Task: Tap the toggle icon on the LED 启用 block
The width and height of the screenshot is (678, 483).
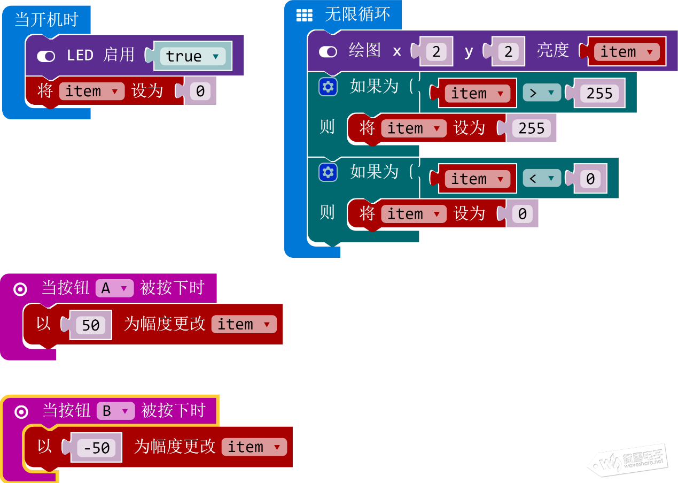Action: pyautogui.click(x=46, y=56)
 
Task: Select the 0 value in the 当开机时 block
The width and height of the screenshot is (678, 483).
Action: pyautogui.click(x=200, y=91)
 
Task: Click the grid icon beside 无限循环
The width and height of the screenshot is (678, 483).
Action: pyautogui.click(x=305, y=16)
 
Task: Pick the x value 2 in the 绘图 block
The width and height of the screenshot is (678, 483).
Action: pyautogui.click(x=437, y=52)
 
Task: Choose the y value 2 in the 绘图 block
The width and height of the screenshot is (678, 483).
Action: pyautogui.click(x=508, y=52)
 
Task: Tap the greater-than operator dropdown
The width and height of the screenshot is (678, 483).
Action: pyautogui.click(x=542, y=93)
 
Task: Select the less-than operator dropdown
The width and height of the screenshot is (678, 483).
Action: pyautogui.click(x=542, y=179)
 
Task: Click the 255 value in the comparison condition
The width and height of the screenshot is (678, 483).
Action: pyautogui.click(x=599, y=94)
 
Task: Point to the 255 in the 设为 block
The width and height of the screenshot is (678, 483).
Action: pyautogui.click(x=532, y=128)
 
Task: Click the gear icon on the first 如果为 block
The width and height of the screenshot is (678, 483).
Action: pyautogui.click(x=328, y=87)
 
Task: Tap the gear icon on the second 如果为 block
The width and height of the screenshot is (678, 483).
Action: pyautogui.click(x=328, y=172)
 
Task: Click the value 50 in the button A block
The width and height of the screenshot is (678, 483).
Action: pyautogui.click(x=91, y=325)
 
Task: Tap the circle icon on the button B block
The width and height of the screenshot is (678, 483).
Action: pyautogui.click(x=21, y=411)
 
